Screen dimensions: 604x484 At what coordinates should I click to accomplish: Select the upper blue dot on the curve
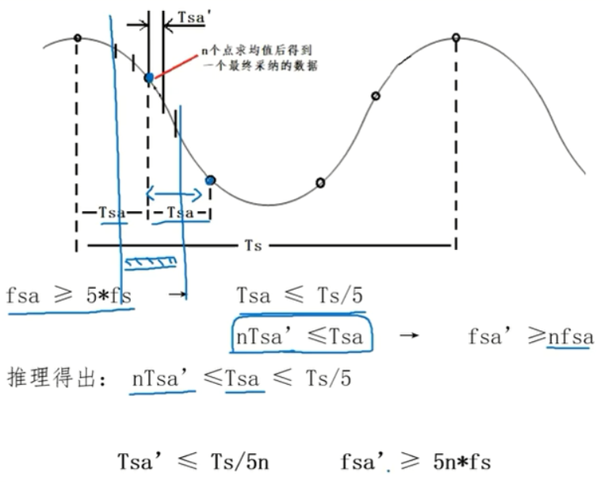tap(148, 77)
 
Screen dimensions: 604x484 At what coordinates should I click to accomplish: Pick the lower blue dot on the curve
tap(210, 180)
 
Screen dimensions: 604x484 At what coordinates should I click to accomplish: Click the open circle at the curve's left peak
tap(77, 37)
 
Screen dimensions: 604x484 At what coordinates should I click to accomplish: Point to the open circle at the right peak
tap(456, 37)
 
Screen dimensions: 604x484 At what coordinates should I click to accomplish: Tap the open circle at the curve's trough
tap(320, 182)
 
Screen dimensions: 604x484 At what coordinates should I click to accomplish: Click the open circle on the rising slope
tap(376, 96)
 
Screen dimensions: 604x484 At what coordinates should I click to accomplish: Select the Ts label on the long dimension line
tap(253, 246)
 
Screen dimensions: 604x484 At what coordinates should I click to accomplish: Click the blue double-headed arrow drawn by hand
tap(175, 193)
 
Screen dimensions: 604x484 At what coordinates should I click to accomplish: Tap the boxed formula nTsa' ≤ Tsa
tap(300, 337)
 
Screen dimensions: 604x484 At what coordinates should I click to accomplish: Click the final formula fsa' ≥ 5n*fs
tap(415, 460)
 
